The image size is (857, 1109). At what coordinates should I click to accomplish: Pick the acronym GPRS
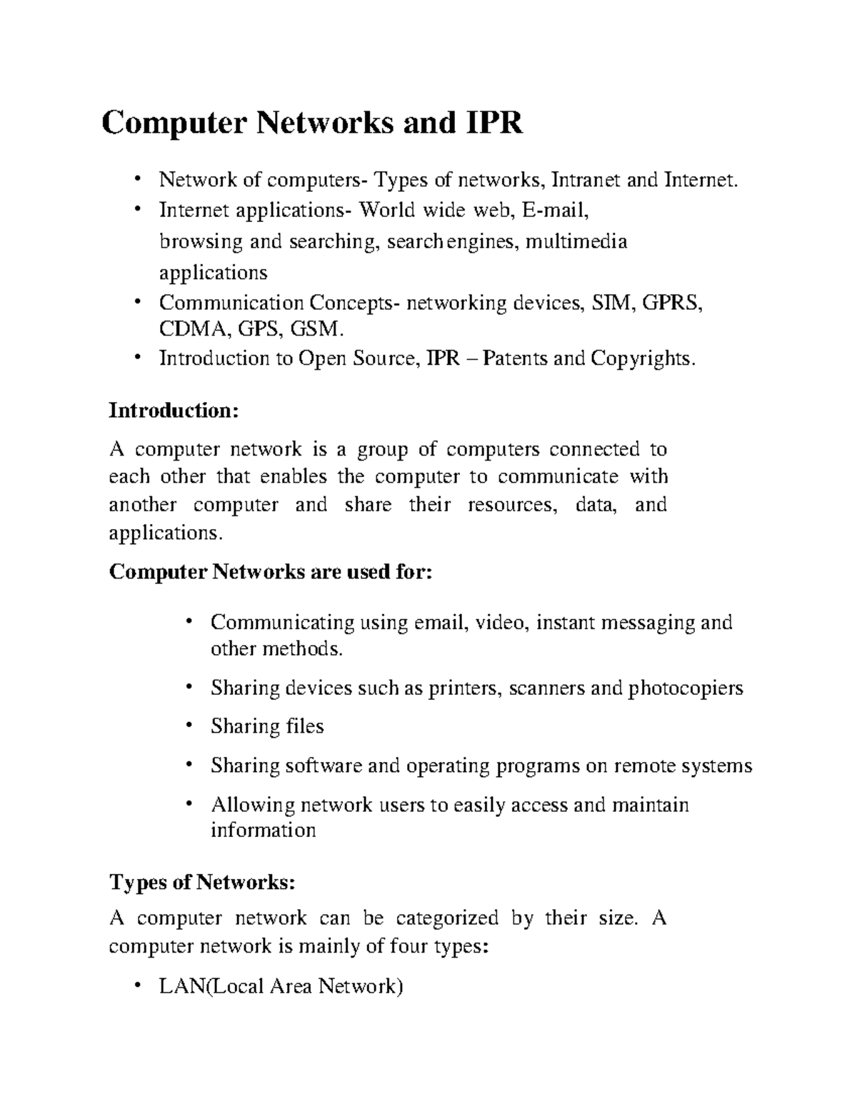pos(673,303)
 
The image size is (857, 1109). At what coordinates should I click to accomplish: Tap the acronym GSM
pos(320,329)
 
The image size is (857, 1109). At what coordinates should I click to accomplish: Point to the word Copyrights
pos(642,358)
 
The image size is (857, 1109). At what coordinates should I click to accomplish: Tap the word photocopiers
pos(686,688)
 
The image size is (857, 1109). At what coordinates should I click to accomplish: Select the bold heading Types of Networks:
pos(201,883)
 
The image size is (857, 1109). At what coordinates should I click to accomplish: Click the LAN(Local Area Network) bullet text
pos(281,986)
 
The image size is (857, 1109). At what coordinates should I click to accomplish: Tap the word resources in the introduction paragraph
pos(511,505)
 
